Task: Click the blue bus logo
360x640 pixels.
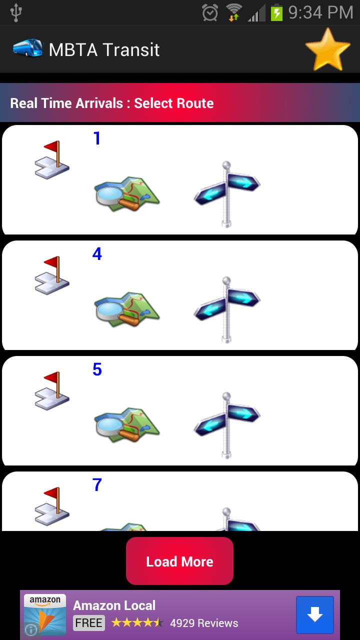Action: (27, 47)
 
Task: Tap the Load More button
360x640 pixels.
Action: (179, 561)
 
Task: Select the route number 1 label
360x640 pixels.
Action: (97, 138)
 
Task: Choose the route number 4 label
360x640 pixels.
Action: (97, 253)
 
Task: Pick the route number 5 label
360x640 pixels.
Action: (97, 369)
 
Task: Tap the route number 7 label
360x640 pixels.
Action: (97, 485)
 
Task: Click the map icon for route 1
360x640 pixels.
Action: (127, 194)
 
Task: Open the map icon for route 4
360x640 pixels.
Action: (127, 309)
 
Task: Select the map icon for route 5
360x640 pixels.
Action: (127, 425)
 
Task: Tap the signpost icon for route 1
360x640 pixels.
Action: (226, 194)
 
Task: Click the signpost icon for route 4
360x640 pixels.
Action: (226, 309)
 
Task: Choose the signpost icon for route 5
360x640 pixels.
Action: (226, 425)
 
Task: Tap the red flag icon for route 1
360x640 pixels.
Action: (52, 160)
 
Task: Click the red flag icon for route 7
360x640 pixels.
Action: (52, 506)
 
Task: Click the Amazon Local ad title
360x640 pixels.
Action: (114, 605)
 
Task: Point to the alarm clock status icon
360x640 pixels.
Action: (210, 12)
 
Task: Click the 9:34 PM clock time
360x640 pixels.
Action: (320, 12)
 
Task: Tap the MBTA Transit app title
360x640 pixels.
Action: (104, 49)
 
